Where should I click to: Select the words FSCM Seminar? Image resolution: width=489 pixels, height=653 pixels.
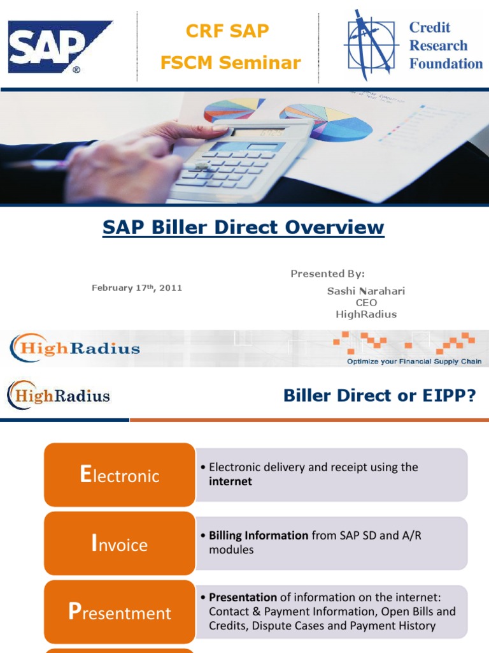pos(230,62)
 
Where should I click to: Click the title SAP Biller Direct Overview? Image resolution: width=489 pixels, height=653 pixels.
pos(243,228)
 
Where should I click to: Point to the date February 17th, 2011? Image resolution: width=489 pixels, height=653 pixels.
pos(137,288)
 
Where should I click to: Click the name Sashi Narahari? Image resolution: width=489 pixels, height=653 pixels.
pos(366,291)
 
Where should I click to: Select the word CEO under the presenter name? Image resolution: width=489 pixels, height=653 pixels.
pos(366,302)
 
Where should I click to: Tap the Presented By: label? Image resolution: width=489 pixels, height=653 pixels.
pos(327,274)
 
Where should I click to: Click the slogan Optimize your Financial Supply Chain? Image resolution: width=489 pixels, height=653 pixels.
pos(414,362)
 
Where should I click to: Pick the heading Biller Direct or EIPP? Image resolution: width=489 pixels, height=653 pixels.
pos(379,396)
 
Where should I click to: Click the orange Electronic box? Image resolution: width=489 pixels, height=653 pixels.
pos(119,475)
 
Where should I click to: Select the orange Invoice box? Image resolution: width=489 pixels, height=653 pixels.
pos(119,544)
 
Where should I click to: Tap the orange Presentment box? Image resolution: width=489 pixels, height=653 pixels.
pos(119,613)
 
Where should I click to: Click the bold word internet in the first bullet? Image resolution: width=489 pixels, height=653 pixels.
pos(230,481)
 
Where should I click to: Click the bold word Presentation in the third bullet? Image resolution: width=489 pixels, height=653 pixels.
pos(243,598)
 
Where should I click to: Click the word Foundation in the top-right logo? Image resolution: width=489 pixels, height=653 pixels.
pos(446,64)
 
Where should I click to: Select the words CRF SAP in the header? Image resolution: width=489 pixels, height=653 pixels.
pos(227,30)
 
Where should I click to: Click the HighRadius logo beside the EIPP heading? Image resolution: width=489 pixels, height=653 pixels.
pos(59,395)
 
